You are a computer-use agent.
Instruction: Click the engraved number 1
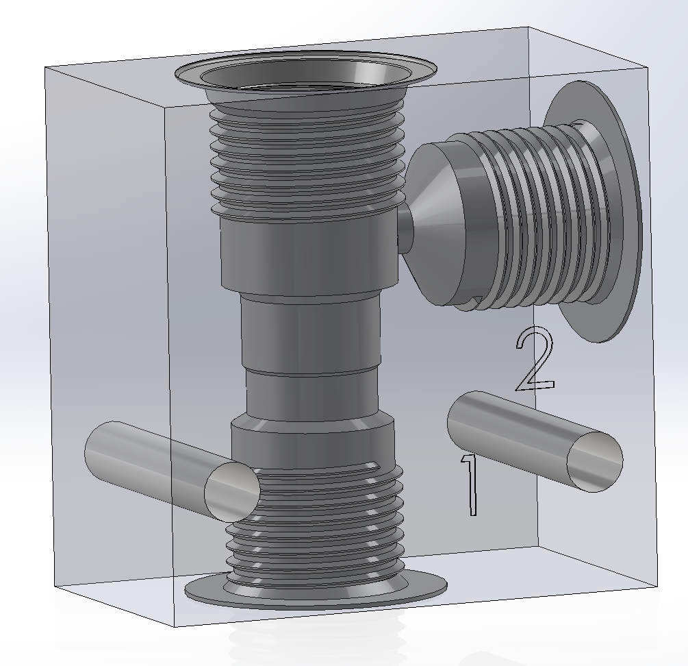(470, 484)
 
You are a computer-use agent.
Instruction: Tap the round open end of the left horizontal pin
(232, 492)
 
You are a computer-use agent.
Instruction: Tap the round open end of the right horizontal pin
(595, 462)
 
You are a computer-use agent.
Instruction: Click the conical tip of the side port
(432, 224)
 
